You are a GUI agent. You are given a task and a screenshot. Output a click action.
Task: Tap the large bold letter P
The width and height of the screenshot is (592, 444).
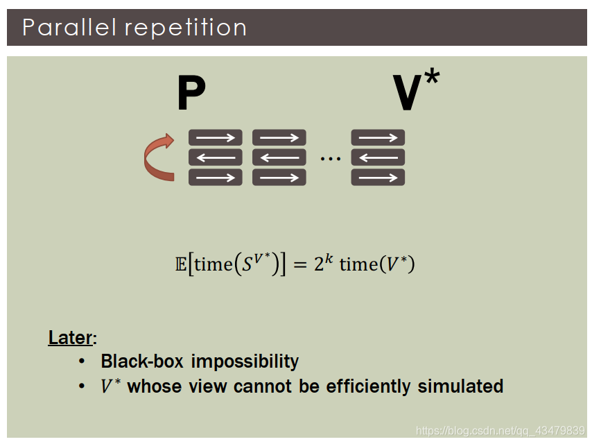[191, 94]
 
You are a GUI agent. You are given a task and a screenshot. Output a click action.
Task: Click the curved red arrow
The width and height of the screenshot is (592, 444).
[159, 157]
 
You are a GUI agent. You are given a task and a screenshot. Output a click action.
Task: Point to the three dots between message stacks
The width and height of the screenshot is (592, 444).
[330, 159]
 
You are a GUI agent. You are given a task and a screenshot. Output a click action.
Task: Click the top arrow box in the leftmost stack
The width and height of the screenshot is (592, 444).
[216, 137]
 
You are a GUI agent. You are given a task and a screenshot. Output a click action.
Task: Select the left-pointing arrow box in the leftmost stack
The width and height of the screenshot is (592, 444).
[216, 157]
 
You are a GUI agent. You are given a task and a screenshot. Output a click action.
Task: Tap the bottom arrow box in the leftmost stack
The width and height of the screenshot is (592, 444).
[216, 178]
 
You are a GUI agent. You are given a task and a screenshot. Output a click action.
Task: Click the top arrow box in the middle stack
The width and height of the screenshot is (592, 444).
[279, 137]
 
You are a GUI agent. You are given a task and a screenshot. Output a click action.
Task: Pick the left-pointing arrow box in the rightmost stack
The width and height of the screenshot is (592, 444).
[378, 157]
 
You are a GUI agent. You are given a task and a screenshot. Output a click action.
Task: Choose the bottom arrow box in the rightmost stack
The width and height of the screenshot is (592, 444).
[378, 178]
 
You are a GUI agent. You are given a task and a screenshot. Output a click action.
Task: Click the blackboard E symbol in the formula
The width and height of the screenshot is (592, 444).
[181, 264]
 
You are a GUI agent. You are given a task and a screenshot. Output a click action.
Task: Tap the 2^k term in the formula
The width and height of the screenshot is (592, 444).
[322, 263]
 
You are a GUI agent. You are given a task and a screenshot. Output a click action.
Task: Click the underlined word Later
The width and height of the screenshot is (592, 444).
[71, 339]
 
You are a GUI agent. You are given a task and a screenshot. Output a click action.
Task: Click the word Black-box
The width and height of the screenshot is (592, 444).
[143, 361]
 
